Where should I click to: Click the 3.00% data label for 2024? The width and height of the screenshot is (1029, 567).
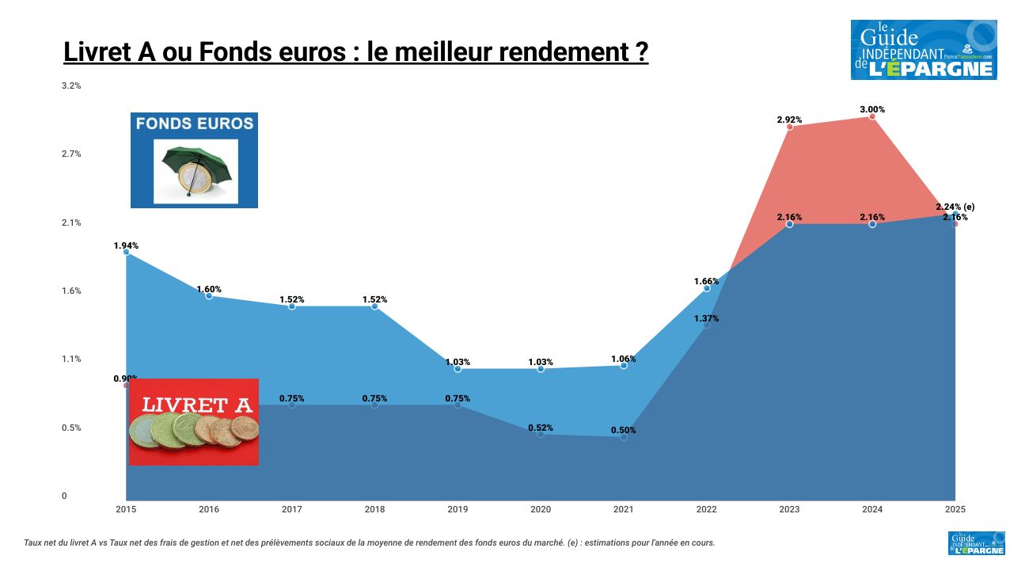[872, 109]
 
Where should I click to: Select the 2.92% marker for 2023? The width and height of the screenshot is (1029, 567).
[789, 127]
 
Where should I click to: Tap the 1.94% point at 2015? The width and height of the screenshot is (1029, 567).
[126, 252]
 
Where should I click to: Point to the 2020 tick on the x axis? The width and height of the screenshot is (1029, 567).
[541, 509]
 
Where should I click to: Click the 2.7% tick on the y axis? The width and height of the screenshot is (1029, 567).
[71, 154]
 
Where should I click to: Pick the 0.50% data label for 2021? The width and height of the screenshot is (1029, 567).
[623, 430]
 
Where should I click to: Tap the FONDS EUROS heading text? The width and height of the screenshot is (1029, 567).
[194, 124]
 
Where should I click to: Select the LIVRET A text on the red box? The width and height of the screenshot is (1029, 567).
[197, 405]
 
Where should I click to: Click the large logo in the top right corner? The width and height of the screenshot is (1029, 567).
[924, 50]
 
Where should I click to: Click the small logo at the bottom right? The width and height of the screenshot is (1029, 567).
[976, 543]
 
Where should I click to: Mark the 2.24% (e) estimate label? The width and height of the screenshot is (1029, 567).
[955, 207]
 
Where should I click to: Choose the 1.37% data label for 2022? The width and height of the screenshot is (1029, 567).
[706, 318]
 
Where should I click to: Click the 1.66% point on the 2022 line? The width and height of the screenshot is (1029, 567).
[707, 288]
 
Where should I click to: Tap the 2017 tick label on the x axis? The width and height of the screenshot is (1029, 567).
[291, 509]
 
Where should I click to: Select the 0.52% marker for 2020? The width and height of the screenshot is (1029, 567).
[541, 434]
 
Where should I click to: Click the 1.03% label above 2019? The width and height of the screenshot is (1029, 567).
[458, 362]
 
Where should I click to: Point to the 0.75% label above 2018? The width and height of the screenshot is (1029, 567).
[374, 398]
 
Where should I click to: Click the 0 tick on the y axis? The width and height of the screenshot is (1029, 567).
[65, 497]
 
